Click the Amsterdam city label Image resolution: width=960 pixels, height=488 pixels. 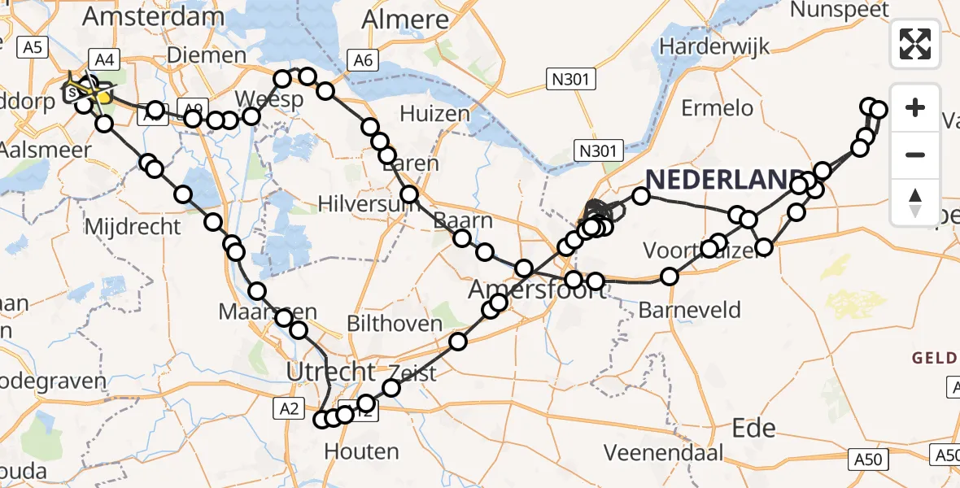153,17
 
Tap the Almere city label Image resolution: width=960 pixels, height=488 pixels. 405,20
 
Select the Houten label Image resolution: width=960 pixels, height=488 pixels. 361,451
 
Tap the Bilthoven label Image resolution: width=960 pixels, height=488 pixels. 387,323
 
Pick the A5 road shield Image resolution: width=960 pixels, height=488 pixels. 32,48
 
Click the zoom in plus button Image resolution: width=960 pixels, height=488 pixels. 915,107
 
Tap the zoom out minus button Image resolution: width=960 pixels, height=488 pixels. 915,155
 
